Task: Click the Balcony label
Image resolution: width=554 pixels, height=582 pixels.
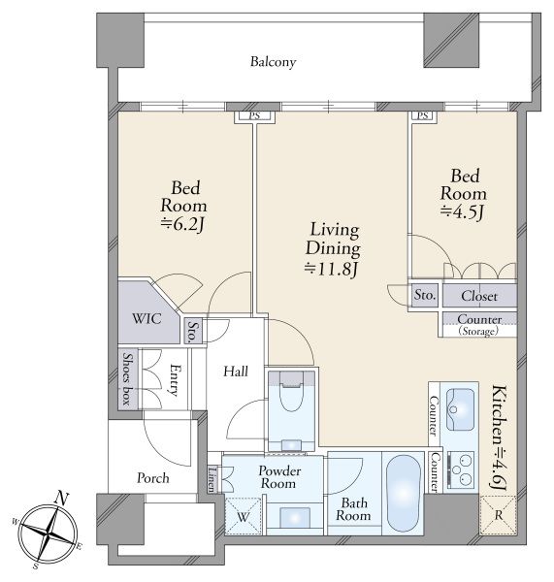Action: click(273, 62)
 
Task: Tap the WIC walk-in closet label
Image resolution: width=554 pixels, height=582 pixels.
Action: click(147, 318)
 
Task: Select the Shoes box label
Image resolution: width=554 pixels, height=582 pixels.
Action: click(128, 378)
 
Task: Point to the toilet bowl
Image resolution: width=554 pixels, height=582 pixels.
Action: click(291, 394)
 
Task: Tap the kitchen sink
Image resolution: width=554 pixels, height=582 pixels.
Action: click(460, 409)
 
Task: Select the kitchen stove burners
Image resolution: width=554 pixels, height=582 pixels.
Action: click(461, 469)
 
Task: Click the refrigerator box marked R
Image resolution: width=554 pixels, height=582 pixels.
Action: click(498, 515)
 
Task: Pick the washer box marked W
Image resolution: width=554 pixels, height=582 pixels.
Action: click(244, 516)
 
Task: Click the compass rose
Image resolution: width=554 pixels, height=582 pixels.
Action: click(49, 534)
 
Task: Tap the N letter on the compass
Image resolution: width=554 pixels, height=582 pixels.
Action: click(62, 499)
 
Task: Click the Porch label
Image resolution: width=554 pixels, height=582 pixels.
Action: click(152, 478)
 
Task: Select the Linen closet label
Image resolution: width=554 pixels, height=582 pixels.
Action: click(212, 478)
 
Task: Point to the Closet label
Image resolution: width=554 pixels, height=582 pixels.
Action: click(479, 296)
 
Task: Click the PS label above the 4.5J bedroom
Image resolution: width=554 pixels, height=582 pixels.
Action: click(423, 115)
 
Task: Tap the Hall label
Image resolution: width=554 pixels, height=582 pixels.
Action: click(236, 372)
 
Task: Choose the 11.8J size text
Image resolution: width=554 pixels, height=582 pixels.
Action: click(331, 269)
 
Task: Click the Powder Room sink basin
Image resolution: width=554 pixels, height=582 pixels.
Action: click(295, 517)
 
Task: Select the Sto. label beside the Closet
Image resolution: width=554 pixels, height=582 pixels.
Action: click(425, 295)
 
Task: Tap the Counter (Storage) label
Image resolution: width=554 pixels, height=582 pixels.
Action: click(479, 324)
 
